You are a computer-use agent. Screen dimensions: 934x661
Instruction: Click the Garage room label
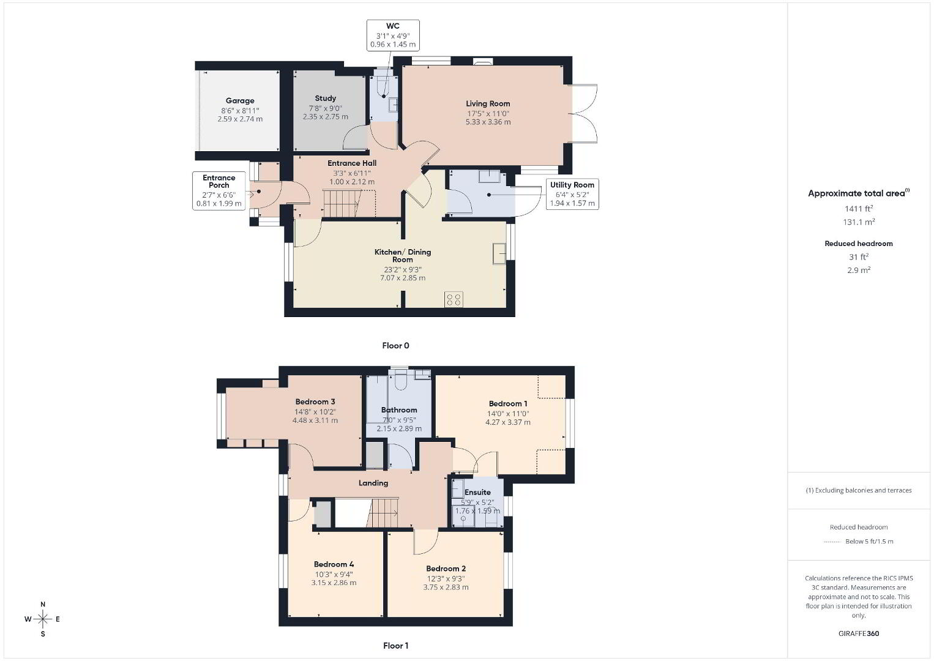tap(240, 100)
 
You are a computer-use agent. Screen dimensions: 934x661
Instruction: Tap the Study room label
tap(325, 99)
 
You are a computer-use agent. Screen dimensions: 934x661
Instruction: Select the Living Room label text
tap(488, 103)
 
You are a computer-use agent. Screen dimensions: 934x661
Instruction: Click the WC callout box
tap(393, 35)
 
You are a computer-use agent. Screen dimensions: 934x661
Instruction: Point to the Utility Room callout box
tap(572, 194)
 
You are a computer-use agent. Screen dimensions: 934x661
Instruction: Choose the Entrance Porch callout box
tap(219, 190)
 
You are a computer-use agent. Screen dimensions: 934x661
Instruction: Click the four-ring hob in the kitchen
tap(454, 300)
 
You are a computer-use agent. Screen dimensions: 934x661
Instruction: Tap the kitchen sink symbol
tap(499, 253)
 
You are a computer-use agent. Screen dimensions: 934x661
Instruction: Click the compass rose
tap(42, 619)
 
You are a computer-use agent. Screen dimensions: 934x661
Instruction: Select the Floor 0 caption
tap(395, 345)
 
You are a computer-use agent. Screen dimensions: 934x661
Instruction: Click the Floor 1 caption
tap(395, 646)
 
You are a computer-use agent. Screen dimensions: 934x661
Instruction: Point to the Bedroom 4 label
tap(334, 564)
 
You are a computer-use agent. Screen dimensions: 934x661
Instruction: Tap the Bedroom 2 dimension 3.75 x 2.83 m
tap(446, 587)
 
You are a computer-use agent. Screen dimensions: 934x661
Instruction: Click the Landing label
tap(373, 483)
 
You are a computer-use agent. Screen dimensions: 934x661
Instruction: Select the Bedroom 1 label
tap(508, 404)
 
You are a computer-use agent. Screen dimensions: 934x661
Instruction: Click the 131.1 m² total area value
tap(859, 222)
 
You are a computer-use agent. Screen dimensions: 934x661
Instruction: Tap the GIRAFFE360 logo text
tap(859, 633)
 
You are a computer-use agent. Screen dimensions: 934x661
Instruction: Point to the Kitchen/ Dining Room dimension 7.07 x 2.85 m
tap(402, 278)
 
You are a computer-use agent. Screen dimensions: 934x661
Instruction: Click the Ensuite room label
tap(477, 492)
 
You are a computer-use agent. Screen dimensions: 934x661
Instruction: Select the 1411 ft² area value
tap(859, 209)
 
